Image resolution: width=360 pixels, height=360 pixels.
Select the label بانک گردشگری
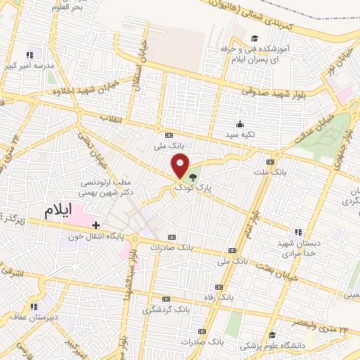click(x=167, y=309)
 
